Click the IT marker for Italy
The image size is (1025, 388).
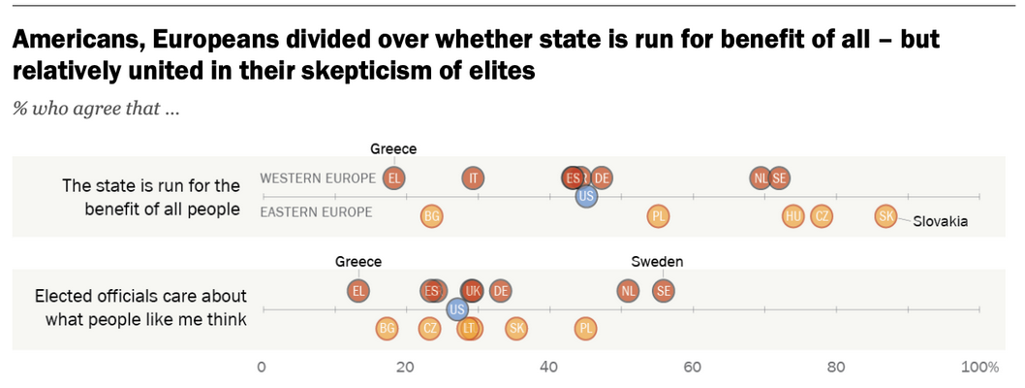tap(473, 178)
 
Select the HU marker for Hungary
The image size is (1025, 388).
tap(793, 216)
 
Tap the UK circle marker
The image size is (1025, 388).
tap(473, 290)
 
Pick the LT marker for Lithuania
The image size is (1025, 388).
tap(469, 329)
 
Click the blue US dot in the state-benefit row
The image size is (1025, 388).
tap(585, 196)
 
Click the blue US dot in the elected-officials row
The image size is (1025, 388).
tap(458, 308)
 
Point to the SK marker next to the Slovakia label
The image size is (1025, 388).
tap(885, 216)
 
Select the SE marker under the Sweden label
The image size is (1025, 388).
tap(664, 290)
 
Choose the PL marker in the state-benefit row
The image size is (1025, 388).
tap(658, 216)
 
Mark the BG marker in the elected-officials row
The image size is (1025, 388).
tap(387, 329)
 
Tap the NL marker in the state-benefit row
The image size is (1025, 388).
tap(761, 178)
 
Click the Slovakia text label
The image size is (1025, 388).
tap(941, 222)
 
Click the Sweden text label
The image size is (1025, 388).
tap(657, 262)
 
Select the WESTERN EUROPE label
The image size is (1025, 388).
tap(318, 178)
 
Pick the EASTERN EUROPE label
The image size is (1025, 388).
tap(317, 212)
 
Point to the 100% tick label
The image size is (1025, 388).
tap(979, 367)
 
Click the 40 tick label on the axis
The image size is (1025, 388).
tap(548, 367)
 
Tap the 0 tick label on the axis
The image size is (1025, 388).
tap(262, 367)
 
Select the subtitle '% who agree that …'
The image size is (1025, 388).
tap(95, 109)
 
